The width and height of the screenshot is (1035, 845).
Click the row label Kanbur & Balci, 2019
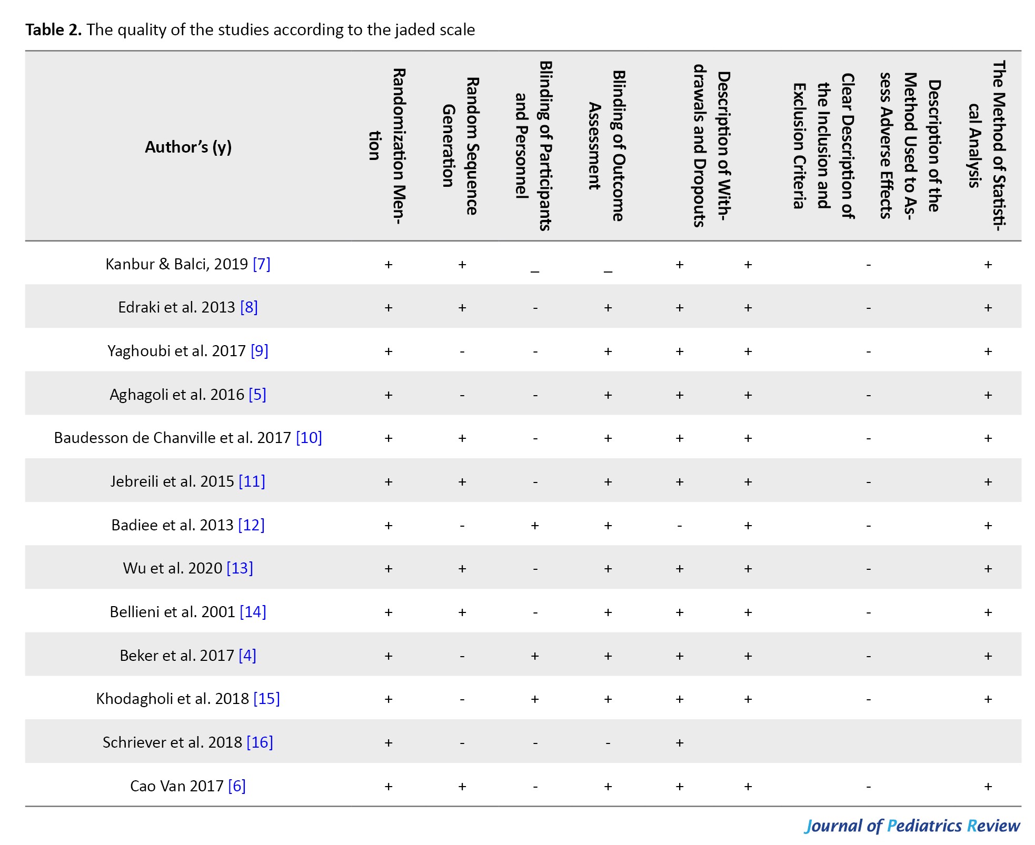[x=176, y=264]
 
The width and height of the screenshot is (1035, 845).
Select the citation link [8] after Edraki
[x=249, y=307]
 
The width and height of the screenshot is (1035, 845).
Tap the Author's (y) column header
[x=188, y=147]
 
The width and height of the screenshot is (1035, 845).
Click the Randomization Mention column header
[x=387, y=146]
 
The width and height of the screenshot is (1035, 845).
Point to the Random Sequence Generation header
[x=460, y=146]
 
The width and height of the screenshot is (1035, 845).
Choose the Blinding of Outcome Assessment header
[x=606, y=146]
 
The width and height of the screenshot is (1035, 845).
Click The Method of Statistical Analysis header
[x=987, y=146]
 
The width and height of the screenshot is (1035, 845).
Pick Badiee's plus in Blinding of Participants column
[x=535, y=525]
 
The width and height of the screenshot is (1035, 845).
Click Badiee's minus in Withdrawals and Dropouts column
[x=680, y=525]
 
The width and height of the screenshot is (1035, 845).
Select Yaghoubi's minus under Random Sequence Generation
[x=462, y=351]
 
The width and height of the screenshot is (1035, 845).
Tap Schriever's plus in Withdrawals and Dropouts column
[x=680, y=742]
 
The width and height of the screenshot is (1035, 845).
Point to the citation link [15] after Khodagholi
[x=266, y=699]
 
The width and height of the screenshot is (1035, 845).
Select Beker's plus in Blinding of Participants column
[x=535, y=656]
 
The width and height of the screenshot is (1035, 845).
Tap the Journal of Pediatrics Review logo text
[x=912, y=826]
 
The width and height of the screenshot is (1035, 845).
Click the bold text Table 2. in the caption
[x=54, y=29]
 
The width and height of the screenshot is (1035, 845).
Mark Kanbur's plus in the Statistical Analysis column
[x=988, y=264]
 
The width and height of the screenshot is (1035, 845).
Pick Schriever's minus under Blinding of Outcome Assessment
[x=608, y=742]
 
